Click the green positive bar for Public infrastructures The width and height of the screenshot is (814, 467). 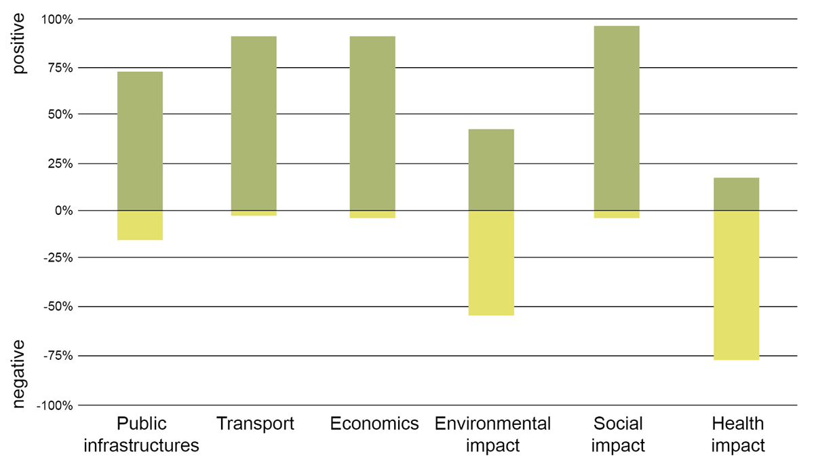click(x=140, y=141)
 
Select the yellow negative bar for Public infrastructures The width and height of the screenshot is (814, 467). click(x=140, y=225)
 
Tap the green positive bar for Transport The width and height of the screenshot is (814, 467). click(x=253, y=123)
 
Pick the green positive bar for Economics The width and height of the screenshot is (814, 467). click(x=372, y=123)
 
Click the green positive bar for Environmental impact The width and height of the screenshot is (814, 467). click(x=491, y=169)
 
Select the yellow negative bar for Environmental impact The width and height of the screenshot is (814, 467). click(x=491, y=263)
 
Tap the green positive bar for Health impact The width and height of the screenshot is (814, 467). click(x=736, y=194)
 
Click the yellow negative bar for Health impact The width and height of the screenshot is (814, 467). click(x=736, y=285)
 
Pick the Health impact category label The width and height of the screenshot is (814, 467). click(x=738, y=434)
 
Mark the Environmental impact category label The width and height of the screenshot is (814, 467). click(x=493, y=434)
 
